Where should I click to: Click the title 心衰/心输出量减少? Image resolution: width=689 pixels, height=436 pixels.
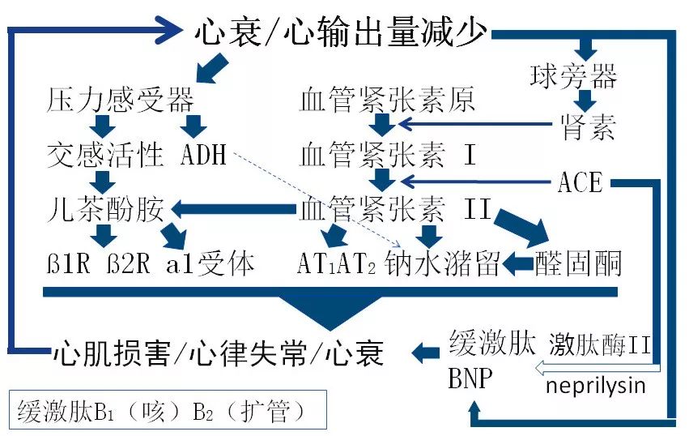coord(341,33)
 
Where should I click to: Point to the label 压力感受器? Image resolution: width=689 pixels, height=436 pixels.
coord(120,101)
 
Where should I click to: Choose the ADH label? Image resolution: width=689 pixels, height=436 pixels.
coord(204,154)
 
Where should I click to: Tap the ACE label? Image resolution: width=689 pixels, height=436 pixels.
coord(581,182)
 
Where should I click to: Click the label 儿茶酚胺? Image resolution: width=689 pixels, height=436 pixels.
coord(105,210)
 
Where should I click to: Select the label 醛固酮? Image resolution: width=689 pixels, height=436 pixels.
coord(578,263)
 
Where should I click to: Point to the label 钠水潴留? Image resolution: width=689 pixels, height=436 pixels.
coord(442,263)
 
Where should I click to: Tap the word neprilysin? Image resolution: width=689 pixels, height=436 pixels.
coord(596,385)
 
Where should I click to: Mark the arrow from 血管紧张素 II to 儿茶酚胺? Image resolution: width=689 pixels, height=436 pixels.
coord(232,210)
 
